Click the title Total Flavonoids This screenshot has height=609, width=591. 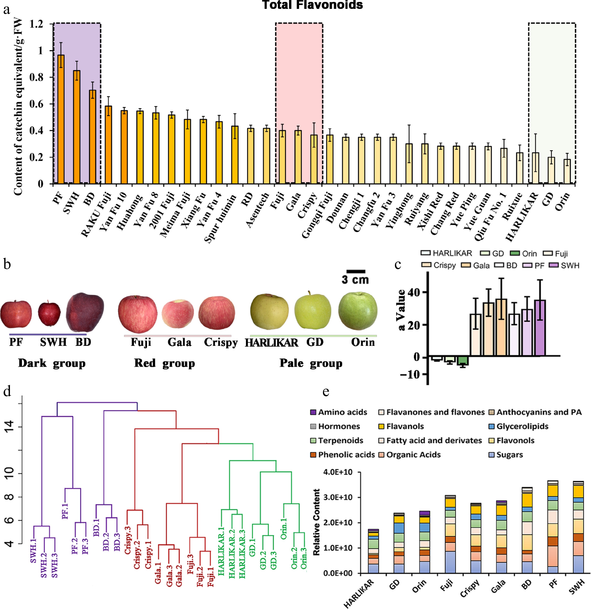click(312, 5)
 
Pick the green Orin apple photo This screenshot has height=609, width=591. click(358, 311)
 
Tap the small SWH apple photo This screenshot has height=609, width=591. click(49, 314)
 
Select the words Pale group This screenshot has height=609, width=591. click(311, 363)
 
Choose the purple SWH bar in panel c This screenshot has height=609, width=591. click(540, 328)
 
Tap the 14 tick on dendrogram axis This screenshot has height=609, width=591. click(9, 427)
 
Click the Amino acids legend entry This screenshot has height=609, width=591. click(339, 412)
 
